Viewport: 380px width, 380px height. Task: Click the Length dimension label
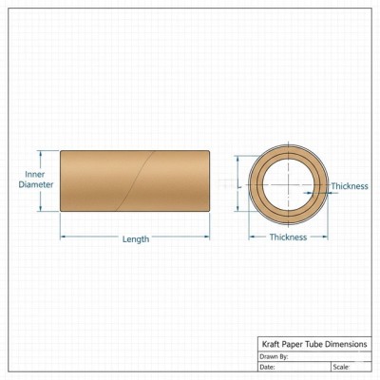136,239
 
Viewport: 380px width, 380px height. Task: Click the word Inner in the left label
35,174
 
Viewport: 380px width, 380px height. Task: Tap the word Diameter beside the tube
36,184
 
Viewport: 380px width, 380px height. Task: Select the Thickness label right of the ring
350,186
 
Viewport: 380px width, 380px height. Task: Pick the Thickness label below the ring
288,237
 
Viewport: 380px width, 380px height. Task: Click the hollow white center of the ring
288,185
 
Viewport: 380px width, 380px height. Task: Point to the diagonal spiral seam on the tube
135,180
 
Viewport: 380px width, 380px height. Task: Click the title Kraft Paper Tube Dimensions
314,344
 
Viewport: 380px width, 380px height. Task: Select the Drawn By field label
274,357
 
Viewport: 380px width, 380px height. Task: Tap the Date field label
267,368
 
